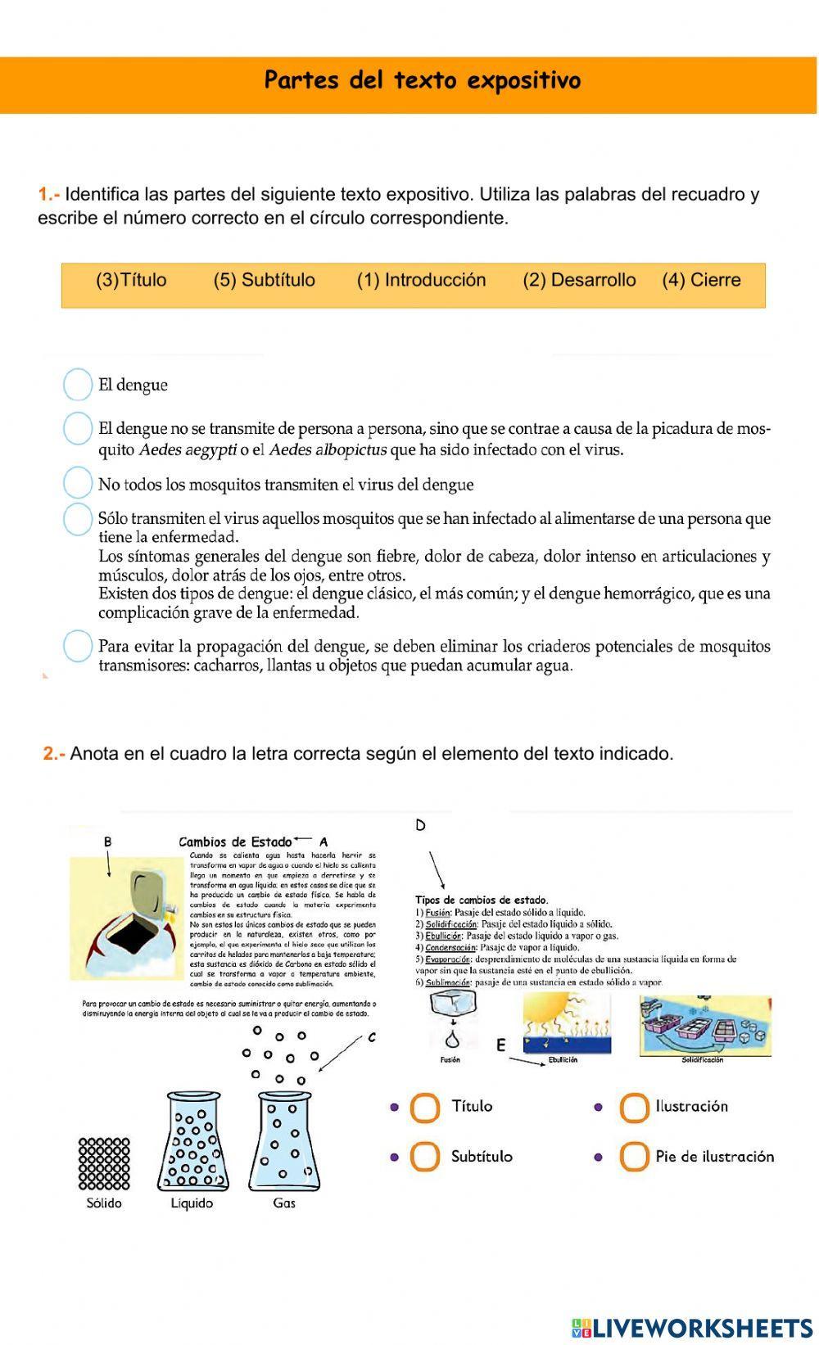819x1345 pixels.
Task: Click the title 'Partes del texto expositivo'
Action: (423, 81)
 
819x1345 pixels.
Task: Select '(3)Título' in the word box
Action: (131, 280)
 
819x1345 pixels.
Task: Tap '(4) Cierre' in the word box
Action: (701, 280)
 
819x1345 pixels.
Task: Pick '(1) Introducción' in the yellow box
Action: (421, 280)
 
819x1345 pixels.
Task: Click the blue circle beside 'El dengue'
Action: (78, 385)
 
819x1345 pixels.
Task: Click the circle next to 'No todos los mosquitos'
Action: (78, 483)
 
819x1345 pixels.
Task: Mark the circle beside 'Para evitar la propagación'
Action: (78, 646)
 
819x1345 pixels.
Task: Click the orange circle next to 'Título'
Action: (425, 1108)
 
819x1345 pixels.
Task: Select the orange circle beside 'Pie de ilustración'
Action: (634, 1157)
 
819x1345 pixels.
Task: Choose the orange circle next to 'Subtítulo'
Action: (425, 1157)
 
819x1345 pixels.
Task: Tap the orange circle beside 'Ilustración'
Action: (634, 1108)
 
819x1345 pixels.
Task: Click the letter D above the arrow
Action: (420, 825)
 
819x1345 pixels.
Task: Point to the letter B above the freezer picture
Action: (108, 842)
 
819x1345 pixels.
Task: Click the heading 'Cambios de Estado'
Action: (235, 842)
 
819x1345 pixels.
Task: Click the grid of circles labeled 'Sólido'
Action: (104, 1163)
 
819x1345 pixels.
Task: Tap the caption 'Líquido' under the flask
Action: (192, 1203)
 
